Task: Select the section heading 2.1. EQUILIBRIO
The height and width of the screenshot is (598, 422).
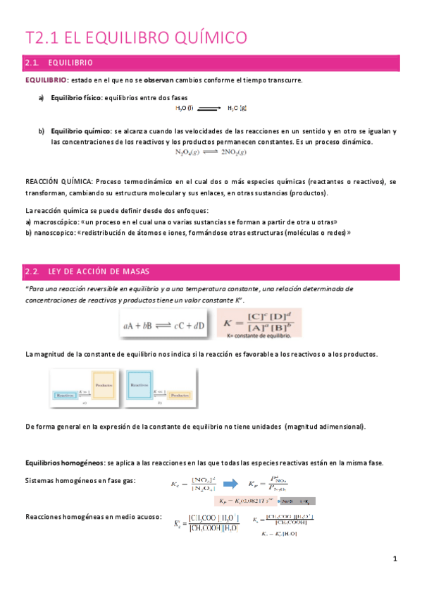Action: click(x=63, y=63)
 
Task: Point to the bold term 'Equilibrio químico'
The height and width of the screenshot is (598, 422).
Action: click(x=80, y=131)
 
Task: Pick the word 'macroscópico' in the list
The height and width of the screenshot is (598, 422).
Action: click(x=56, y=221)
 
